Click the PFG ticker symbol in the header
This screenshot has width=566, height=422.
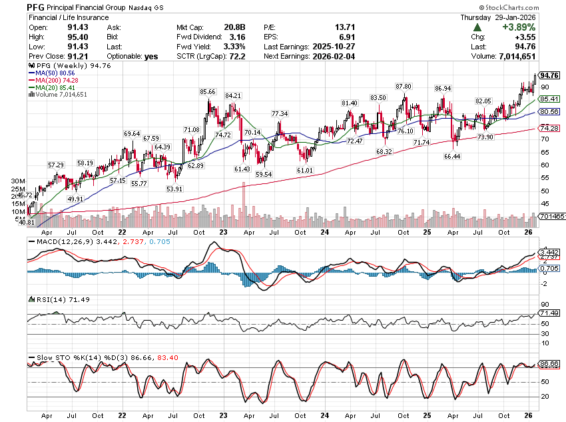[x=36, y=7]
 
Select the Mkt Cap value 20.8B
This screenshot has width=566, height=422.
[x=234, y=27]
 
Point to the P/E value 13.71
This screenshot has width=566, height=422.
[x=341, y=27]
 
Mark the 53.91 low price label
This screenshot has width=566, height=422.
[x=174, y=189]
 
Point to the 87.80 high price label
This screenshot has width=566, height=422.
[x=404, y=87]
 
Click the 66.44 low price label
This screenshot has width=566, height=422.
[x=453, y=156]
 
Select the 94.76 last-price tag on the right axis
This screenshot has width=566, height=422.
[x=549, y=75]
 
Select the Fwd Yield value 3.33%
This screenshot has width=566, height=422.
[x=234, y=47]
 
